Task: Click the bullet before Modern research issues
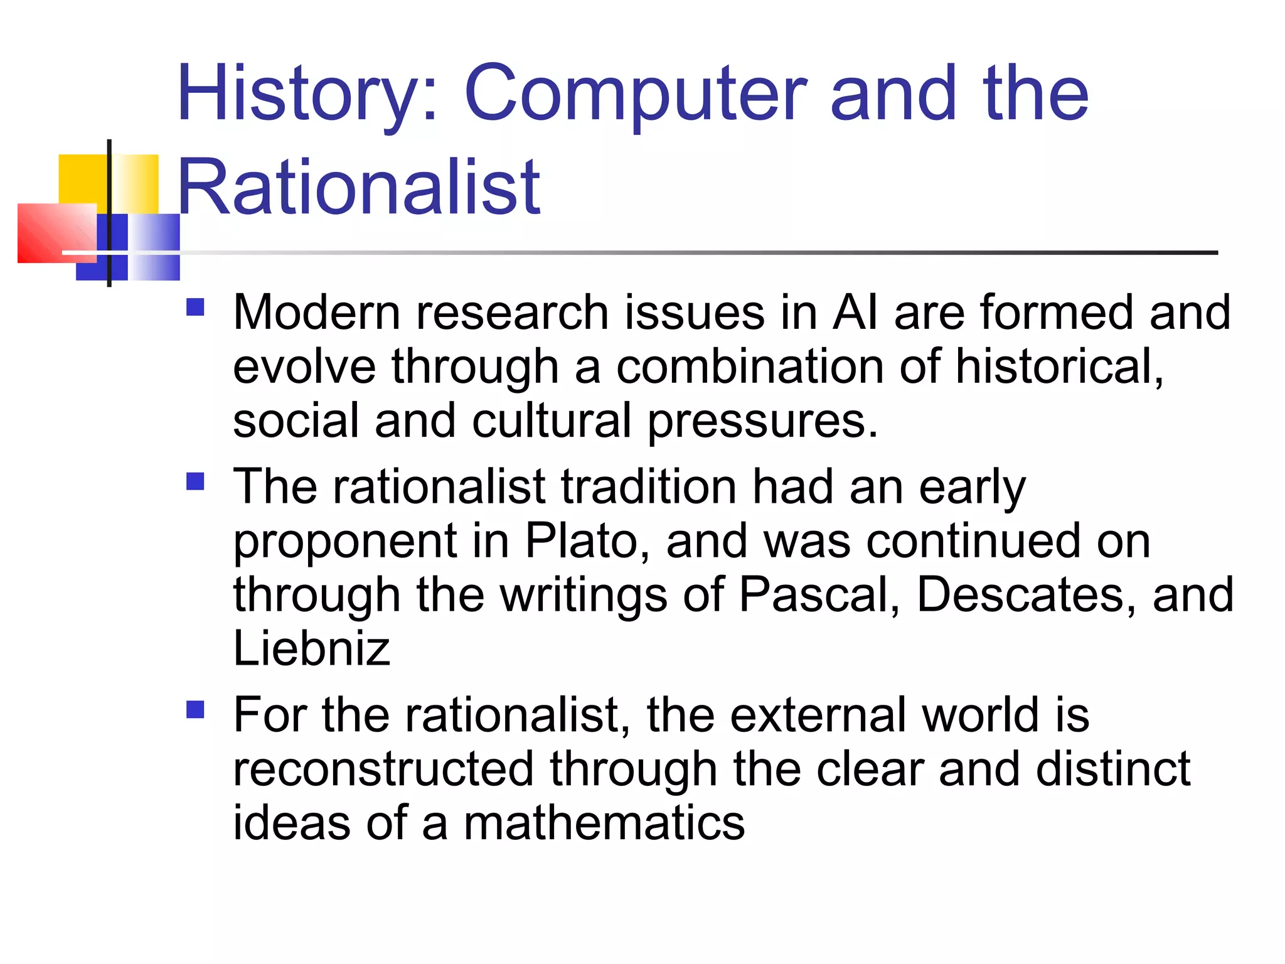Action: tap(196, 308)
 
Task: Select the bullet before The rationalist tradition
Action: tap(196, 481)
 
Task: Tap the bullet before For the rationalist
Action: tap(196, 710)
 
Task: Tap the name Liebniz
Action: tap(312, 648)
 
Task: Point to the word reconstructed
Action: tap(383, 769)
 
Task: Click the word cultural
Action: tap(552, 420)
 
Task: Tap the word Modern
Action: tap(317, 312)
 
